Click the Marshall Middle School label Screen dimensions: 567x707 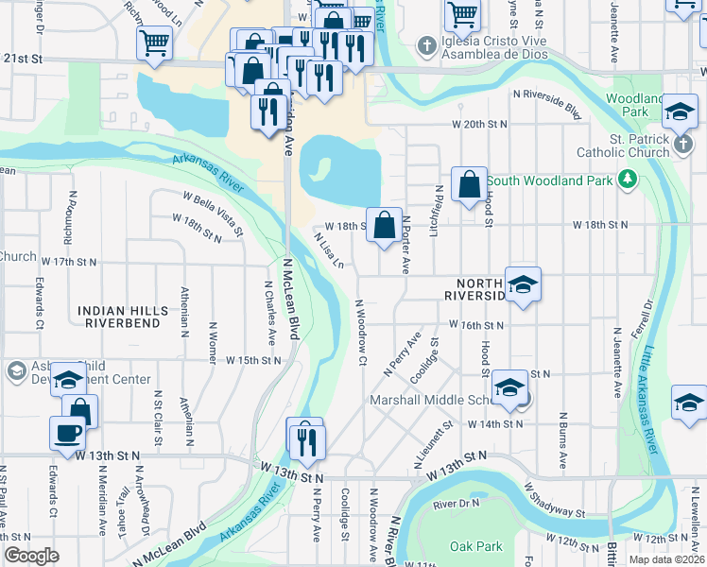click(x=437, y=400)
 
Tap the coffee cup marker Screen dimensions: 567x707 click(x=67, y=434)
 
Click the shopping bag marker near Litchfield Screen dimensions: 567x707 click(x=470, y=184)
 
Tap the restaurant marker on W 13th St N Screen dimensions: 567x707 click(x=307, y=440)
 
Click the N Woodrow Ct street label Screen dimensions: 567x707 click(x=360, y=332)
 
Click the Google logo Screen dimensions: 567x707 click(x=31, y=556)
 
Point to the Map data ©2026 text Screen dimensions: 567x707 click(x=666, y=559)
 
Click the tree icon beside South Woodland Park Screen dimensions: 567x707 click(x=626, y=179)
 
